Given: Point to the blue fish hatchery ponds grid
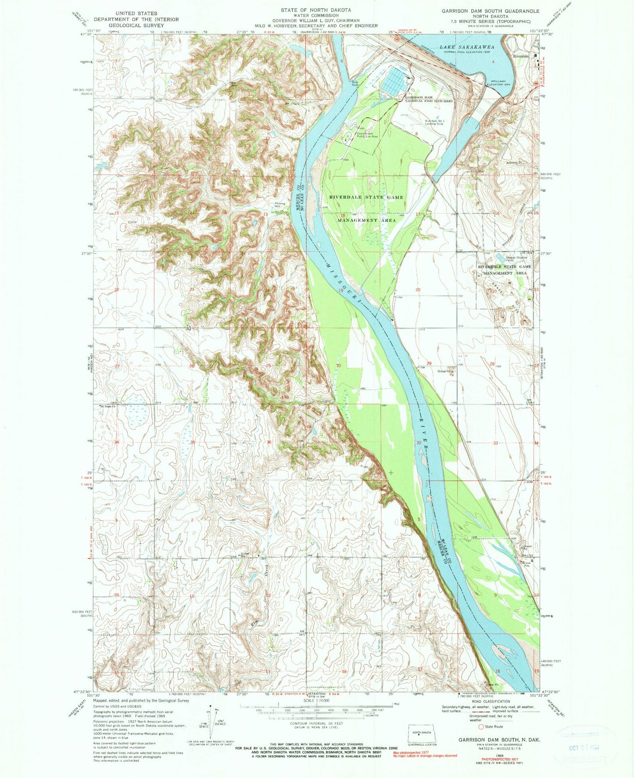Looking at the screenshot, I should [394, 79].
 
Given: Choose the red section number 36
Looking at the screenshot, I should [269, 442].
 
